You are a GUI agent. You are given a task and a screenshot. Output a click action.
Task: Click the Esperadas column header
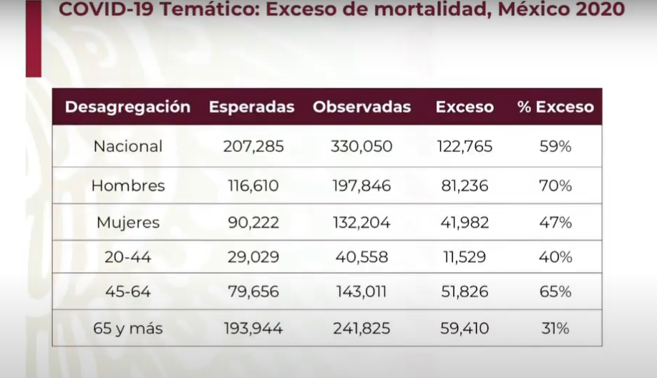pyautogui.click(x=251, y=107)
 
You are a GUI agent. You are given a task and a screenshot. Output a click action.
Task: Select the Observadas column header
pyautogui.click(x=361, y=107)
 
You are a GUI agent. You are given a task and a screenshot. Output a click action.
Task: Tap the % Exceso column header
pyautogui.click(x=555, y=107)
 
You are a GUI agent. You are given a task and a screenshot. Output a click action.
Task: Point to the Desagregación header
pyautogui.click(x=127, y=107)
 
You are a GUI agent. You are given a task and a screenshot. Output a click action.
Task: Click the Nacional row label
pyautogui.click(x=128, y=147)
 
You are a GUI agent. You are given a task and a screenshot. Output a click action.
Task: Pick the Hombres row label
pyautogui.click(x=128, y=186)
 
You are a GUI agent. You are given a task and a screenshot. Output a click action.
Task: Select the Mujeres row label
pyautogui.click(x=128, y=223)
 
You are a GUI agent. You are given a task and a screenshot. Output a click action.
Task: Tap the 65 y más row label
pyautogui.click(x=128, y=329)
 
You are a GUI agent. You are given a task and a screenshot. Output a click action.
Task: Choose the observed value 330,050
pyautogui.click(x=361, y=147)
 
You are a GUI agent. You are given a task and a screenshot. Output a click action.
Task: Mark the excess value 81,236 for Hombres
pyautogui.click(x=464, y=186)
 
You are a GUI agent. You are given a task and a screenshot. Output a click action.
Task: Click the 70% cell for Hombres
pyautogui.click(x=555, y=186)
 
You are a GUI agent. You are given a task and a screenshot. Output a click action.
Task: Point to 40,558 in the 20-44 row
pyautogui.click(x=361, y=257)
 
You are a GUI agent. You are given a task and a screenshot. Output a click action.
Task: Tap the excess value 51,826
pyautogui.click(x=464, y=292)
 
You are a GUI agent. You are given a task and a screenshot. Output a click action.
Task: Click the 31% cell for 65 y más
pyautogui.click(x=555, y=329)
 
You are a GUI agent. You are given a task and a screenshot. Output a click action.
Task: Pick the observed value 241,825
pyautogui.click(x=361, y=329)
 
